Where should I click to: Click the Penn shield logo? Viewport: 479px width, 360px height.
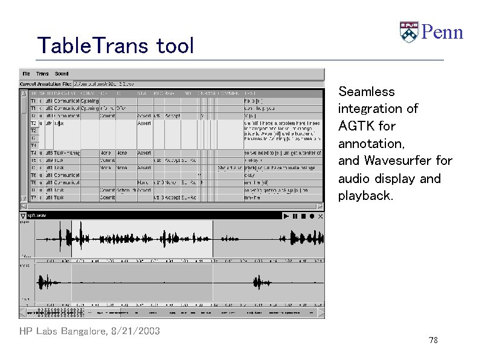(x=408, y=32)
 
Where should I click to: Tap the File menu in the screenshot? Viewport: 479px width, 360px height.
(x=26, y=74)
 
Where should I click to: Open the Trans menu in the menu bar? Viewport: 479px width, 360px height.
(x=42, y=74)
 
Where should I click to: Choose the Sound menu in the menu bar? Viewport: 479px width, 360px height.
(x=62, y=74)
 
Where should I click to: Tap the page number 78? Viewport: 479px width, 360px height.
(x=433, y=341)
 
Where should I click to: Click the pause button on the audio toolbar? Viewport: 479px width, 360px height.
(x=295, y=216)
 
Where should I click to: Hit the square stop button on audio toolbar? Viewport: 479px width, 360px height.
(x=303, y=216)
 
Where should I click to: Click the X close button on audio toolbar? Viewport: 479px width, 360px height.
(x=320, y=216)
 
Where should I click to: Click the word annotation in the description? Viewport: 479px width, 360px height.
(x=371, y=144)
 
